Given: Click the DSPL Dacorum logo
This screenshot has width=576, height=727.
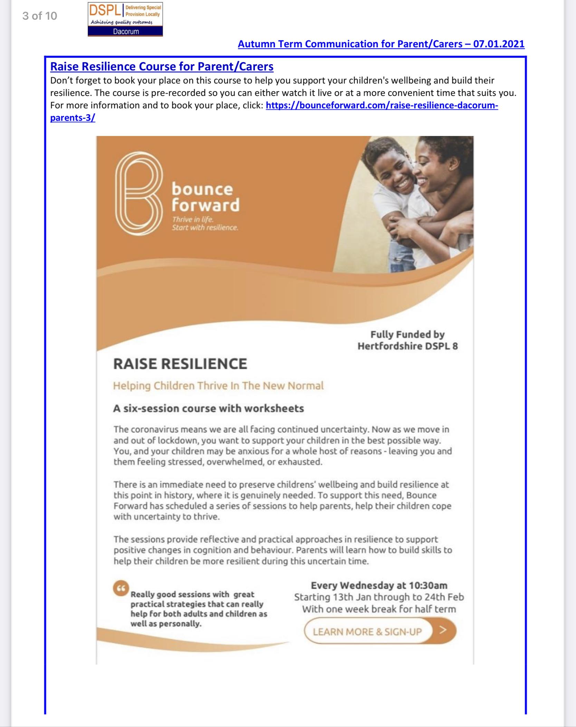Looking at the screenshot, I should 125,19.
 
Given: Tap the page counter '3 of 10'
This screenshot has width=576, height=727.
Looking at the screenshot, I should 39,16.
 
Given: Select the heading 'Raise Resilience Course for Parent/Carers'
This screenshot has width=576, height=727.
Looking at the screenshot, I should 162,66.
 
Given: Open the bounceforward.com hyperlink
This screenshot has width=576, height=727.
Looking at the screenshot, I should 382,105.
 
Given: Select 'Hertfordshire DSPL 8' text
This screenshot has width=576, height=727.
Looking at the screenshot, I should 407,346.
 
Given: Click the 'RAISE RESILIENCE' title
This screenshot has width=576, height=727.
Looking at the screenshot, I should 180,364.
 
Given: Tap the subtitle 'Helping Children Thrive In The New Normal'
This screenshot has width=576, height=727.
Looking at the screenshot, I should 218,385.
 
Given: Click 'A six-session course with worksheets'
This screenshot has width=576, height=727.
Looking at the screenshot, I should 209,409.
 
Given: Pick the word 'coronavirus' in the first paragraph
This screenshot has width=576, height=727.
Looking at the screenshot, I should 154,430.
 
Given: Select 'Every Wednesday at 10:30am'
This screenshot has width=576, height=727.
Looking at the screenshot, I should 379,586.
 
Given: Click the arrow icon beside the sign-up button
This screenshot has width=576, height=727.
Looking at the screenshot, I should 443,630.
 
